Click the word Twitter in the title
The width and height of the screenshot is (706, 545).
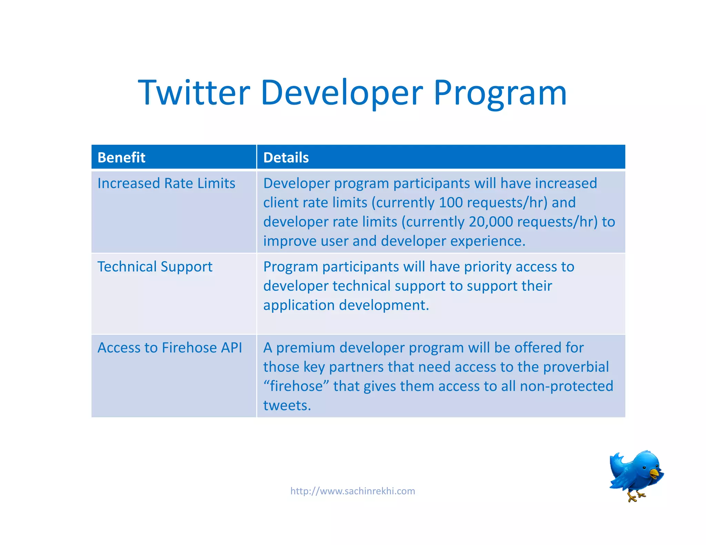tap(194, 93)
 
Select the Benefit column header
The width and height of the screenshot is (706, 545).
tap(121, 157)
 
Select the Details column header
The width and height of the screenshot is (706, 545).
tap(286, 157)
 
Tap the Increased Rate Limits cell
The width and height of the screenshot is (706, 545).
tap(166, 183)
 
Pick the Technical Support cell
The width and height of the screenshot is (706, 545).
tap(155, 267)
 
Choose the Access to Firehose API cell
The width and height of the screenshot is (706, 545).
tap(170, 348)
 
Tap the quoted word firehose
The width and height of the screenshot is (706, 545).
tap(296, 386)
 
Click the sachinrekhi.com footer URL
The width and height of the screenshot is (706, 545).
tap(353, 491)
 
